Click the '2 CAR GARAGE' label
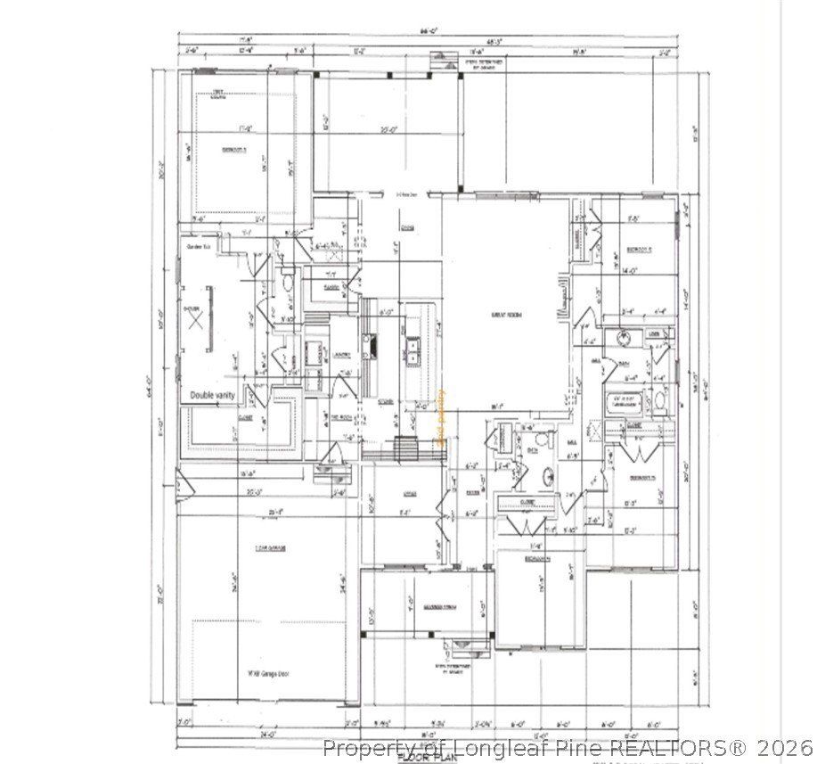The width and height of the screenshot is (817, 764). click(x=269, y=547)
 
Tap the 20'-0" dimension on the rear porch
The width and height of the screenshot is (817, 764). click(x=388, y=131)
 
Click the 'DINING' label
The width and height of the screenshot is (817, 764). click(x=406, y=227)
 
